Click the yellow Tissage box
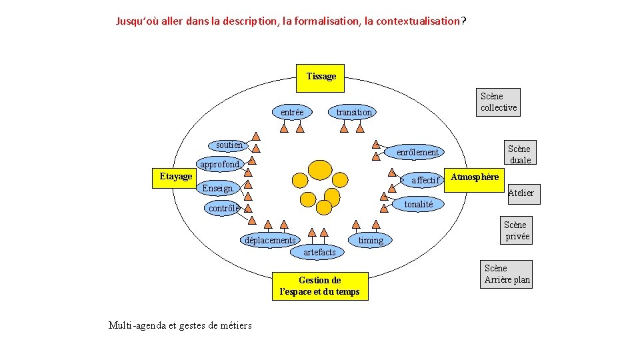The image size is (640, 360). (x=321, y=77)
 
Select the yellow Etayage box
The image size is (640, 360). (x=175, y=176)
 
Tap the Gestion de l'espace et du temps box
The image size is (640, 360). (x=320, y=286)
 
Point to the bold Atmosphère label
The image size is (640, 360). (x=475, y=177)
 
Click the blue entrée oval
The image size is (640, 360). (x=292, y=112)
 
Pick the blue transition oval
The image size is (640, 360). (x=353, y=112)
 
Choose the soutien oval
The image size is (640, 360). (x=229, y=145)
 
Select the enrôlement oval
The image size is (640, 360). (x=417, y=152)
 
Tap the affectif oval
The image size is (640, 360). (x=425, y=180)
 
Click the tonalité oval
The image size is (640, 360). (x=418, y=204)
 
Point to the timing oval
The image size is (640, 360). (x=371, y=240)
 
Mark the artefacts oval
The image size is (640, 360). (x=319, y=252)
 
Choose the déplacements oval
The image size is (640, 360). (x=270, y=240)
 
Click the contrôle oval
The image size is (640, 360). (x=223, y=208)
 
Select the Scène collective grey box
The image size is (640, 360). (x=499, y=101)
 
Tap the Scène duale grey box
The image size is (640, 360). (x=519, y=154)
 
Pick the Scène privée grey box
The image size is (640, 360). (x=517, y=231)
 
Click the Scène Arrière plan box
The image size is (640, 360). (x=507, y=274)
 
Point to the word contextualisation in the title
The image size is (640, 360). (x=418, y=21)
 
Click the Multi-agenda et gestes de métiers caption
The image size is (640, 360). (x=180, y=325)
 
